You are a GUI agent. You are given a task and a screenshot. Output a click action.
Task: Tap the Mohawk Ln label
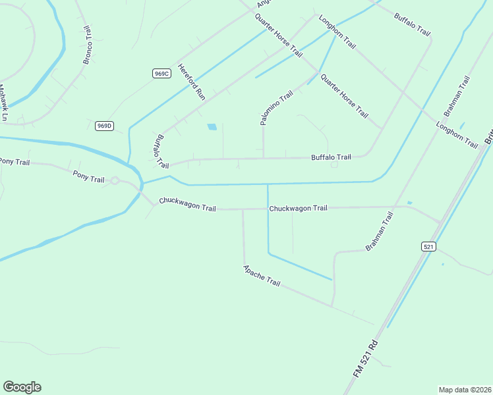click(x=3, y=103)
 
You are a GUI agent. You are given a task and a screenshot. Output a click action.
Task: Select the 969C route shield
click(x=161, y=74)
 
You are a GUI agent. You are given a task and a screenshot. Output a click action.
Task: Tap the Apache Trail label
click(x=262, y=276)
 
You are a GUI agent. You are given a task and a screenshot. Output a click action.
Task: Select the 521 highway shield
click(x=429, y=246)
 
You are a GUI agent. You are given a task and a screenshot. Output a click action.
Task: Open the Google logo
click(x=22, y=387)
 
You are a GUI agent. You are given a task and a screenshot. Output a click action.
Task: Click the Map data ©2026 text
click(x=464, y=390)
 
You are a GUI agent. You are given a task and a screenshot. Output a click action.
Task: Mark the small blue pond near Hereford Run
click(x=212, y=127)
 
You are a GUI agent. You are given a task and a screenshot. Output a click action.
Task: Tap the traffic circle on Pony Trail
click(x=114, y=180)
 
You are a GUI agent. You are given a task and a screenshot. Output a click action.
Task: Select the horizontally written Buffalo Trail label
click(x=331, y=157)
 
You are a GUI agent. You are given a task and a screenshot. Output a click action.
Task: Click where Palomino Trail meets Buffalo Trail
click(x=264, y=158)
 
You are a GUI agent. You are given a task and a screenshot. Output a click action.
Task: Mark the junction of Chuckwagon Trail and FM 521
click(x=441, y=221)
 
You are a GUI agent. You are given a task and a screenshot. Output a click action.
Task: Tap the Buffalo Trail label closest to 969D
click(x=158, y=151)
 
